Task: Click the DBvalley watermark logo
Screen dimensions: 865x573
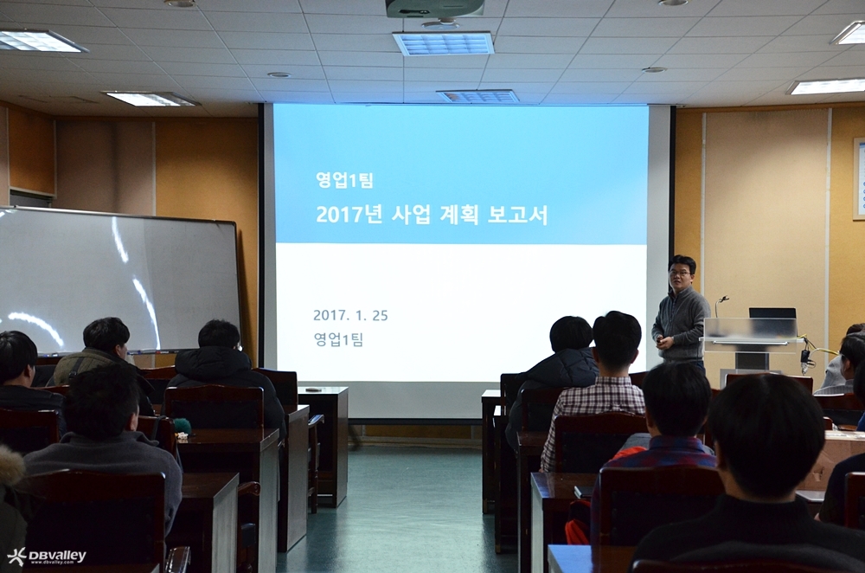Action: coord(47,556)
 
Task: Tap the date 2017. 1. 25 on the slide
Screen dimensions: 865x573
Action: coord(350,316)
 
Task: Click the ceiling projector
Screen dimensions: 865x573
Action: coord(435,7)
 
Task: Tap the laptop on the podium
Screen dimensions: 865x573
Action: coord(772,313)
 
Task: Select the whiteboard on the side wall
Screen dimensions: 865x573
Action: coord(119,280)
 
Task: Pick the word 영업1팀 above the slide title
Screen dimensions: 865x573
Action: coord(345,180)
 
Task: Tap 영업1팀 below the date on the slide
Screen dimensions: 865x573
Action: coord(338,339)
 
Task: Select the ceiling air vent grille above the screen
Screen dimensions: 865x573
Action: coord(443,43)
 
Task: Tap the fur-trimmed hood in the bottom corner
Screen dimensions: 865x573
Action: coord(11,469)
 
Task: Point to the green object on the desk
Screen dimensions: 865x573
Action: coord(182,426)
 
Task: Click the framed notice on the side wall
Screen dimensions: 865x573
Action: coord(859,179)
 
